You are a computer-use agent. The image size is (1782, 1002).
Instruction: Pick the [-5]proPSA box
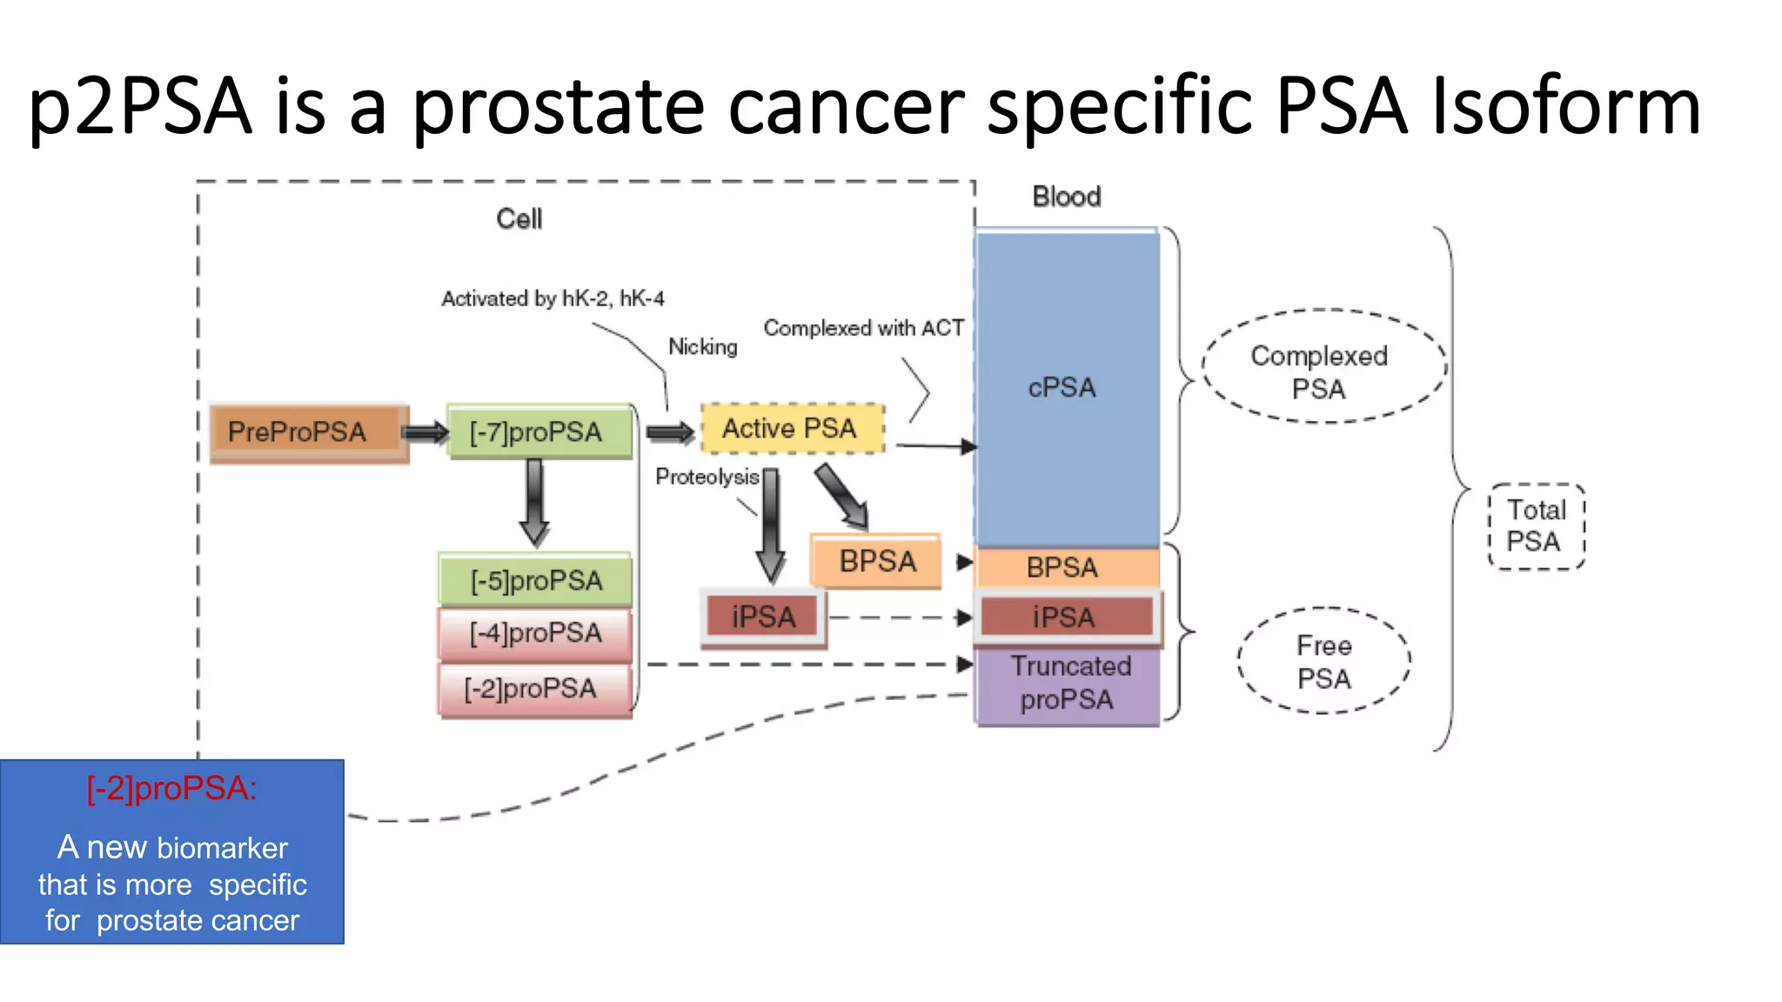[x=535, y=580]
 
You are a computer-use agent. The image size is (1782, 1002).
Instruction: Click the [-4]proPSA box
[x=535, y=633]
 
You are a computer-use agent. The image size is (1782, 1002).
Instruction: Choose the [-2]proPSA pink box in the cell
[x=533, y=689]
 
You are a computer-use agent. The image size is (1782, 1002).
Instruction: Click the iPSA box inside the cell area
[x=763, y=617]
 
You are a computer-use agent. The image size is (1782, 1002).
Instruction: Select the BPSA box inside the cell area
[x=876, y=561]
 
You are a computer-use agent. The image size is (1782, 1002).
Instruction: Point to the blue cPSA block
[x=1065, y=387]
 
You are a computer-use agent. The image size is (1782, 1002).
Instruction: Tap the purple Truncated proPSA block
[x=1067, y=684]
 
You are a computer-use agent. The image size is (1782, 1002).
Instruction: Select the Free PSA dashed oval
[x=1323, y=661]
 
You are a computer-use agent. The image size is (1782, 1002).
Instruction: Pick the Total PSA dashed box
[x=1536, y=525]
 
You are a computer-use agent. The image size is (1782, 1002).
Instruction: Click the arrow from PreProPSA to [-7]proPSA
[x=426, y=432]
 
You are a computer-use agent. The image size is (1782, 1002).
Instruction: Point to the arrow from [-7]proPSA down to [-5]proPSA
[x=534, y=503]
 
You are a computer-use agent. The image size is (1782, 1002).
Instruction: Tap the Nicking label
[x=703, y=347]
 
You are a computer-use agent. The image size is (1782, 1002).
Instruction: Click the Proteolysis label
[x=707, y=477]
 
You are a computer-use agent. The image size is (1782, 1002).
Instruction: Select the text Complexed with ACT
[x=863, y=328]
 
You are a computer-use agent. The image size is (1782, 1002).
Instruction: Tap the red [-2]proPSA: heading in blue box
[x=171, y=788]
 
